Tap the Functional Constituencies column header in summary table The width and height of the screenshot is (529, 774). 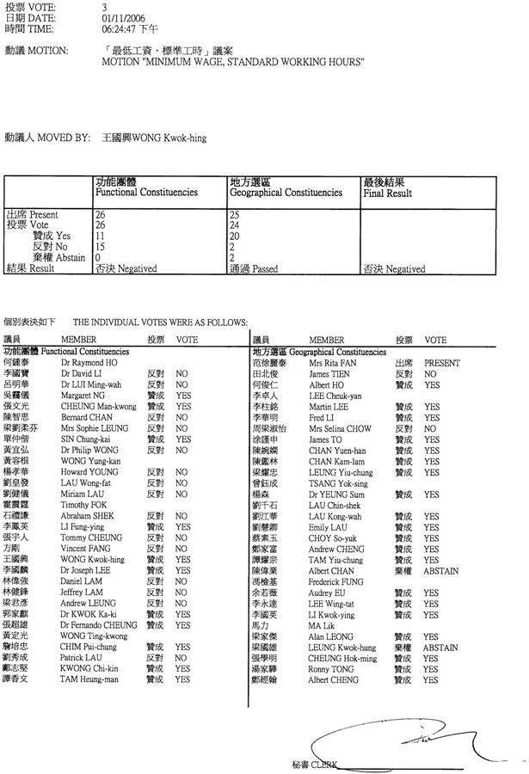point(146,193)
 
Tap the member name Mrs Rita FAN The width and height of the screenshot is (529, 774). point(329,364)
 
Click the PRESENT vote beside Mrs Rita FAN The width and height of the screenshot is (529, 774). point(441,364)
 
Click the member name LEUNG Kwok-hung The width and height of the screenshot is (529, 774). point(341,648)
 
